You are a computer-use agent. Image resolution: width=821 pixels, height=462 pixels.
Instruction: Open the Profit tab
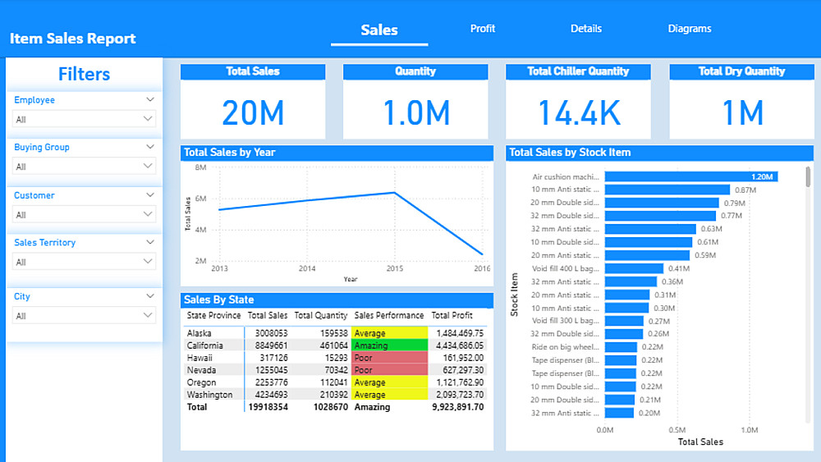point(483,29)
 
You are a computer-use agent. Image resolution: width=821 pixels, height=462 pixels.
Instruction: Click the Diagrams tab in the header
point(690,29)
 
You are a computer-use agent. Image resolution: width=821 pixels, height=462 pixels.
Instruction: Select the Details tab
point(586,29)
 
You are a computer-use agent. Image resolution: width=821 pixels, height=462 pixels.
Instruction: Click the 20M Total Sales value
point(253,113)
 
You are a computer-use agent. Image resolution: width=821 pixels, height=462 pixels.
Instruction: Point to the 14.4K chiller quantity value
point(579,113)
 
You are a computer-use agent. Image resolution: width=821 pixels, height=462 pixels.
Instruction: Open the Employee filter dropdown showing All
point(84,119)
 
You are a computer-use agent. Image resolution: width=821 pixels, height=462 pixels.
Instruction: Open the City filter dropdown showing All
point(84,316)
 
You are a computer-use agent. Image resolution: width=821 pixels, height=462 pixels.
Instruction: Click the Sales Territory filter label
point(45,243)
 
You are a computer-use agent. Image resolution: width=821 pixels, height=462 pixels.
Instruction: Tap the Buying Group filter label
point(42,148)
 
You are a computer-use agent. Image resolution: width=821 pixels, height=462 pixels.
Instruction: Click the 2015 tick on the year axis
point(394,268)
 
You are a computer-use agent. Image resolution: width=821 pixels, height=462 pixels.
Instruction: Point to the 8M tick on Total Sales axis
point(200,167)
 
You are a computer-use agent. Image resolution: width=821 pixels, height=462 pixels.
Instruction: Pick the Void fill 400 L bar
point(634,268)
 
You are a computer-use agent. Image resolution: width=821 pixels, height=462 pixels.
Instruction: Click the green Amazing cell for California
point(390,345)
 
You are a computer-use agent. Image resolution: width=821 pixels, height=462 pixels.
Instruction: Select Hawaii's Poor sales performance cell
point(390,358)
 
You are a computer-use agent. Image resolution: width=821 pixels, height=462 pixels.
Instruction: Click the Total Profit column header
point(452,315)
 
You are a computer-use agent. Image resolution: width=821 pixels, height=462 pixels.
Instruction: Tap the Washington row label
point(210,395)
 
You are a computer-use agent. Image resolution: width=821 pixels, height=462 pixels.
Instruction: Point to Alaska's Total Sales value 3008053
point(268,333)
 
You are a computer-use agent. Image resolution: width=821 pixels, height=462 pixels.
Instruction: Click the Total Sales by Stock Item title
point(570,152)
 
